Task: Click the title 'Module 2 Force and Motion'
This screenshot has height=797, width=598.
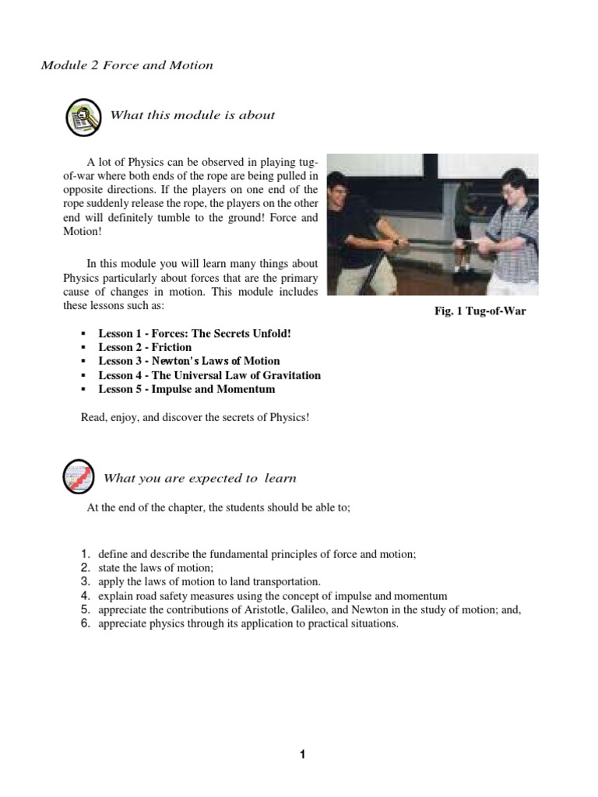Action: (127, 65)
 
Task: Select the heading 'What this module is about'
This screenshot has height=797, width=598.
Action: (192, 115)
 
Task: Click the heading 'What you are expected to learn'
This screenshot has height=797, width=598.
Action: (199, 478)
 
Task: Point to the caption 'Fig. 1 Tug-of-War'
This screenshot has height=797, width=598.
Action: (480, 311)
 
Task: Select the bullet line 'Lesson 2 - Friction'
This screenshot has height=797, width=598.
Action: (145, 347)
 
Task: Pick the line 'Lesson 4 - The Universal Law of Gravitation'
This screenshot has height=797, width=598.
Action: (209, 375)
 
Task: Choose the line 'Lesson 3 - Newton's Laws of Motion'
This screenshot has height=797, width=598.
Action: (188, 361)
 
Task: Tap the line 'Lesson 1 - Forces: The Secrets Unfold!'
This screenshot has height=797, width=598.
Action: (194, 333)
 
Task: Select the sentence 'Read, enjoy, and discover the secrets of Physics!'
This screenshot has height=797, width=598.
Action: (195, 417)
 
